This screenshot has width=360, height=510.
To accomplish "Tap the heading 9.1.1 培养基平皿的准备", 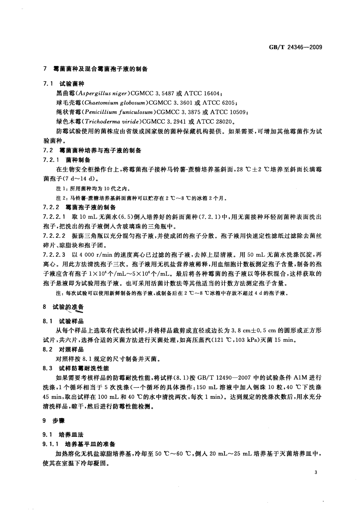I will [x=79, y=444].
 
